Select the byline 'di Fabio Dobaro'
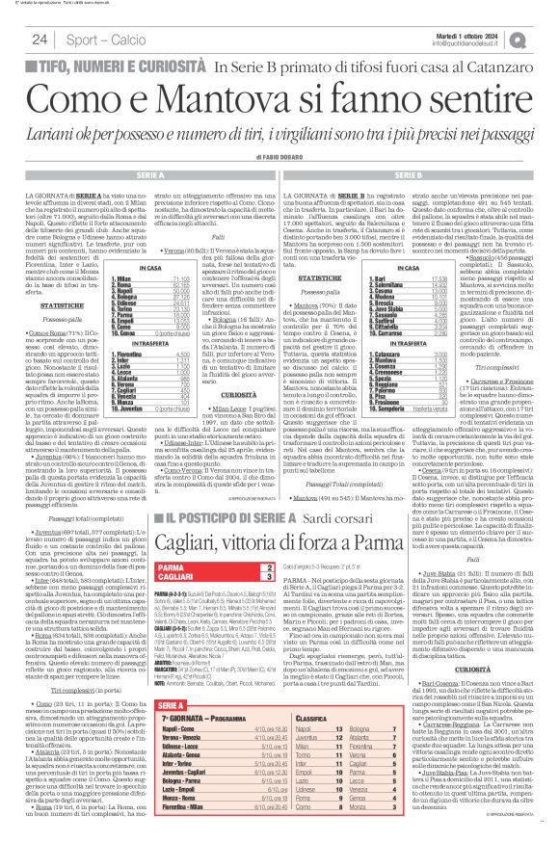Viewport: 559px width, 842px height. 279,157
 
